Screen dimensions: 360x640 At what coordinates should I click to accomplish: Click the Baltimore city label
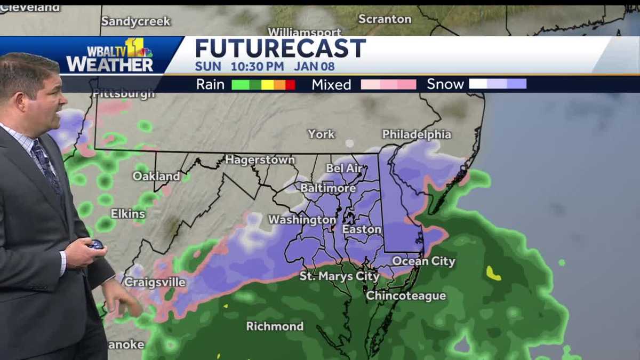point(328,188)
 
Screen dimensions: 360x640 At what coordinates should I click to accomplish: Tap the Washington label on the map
point(302,220)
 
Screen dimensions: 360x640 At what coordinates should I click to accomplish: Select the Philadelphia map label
point(417,134)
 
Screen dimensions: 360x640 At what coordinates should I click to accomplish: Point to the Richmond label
point(275,326)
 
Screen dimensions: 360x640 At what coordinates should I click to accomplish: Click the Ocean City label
point(423,261)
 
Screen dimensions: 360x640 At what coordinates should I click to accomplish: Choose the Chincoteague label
point(406,295)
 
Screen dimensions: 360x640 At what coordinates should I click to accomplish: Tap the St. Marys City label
point(339,276)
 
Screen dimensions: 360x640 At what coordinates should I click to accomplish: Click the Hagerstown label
point(260,159)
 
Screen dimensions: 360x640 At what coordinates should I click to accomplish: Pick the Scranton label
point(385,19)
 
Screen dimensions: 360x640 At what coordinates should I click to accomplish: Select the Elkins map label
point(127,214)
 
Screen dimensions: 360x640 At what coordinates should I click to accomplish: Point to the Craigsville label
point(155,282)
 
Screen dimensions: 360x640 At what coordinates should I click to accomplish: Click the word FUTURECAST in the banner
point(281,49)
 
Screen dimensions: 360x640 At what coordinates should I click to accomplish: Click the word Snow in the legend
point(445,84)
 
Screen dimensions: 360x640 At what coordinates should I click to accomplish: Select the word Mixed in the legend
point(331,84)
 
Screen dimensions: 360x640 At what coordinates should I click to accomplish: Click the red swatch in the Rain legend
point(290,84)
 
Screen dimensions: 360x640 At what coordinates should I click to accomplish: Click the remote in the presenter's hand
point(96,244)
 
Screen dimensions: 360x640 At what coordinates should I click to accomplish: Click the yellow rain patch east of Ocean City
point(493,274)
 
